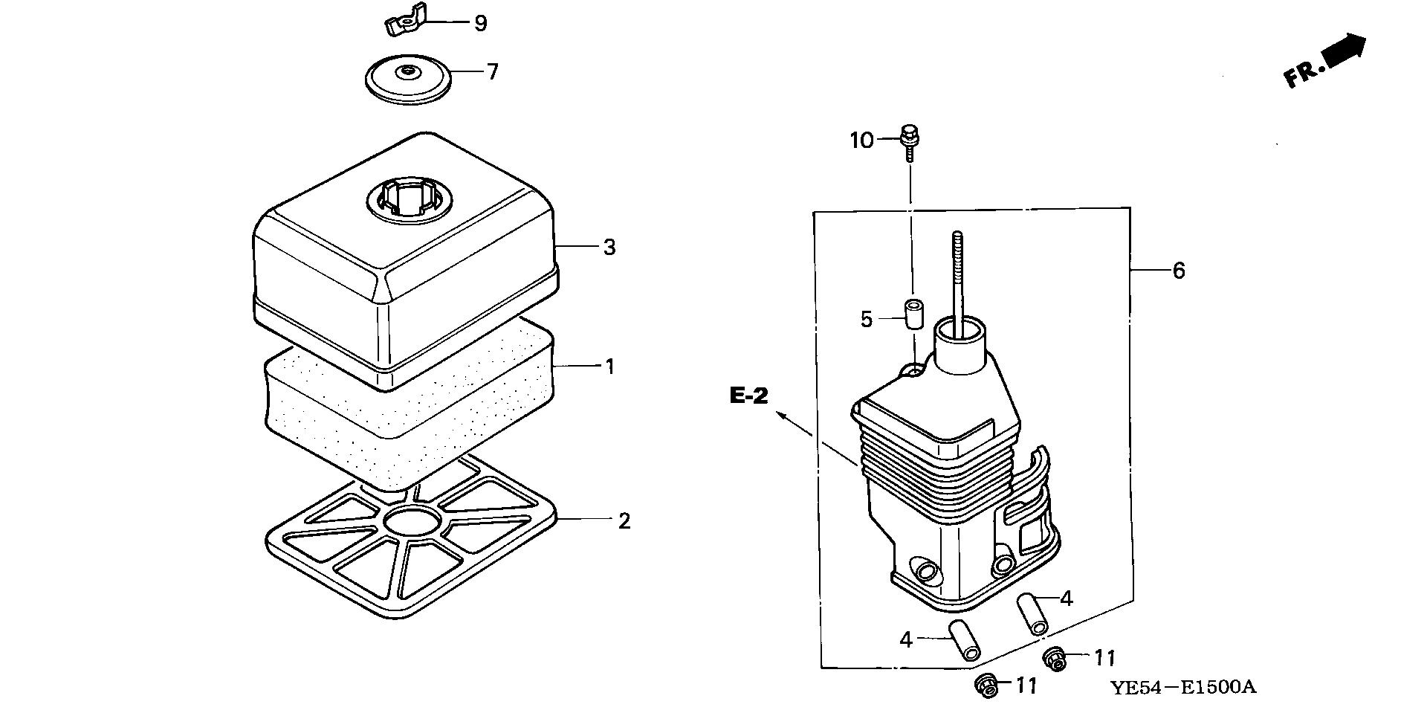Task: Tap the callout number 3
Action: tap(609, 248)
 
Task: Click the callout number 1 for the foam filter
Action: tap(610, 367)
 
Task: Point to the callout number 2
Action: tap(624, 521)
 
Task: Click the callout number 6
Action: tap(1179, 271)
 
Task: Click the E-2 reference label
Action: tap(748, 396)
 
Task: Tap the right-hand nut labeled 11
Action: tap(1053, 658)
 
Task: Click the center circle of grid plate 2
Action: tap(412, 523)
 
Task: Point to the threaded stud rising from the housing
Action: tap(957, 275)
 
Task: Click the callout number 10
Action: tap(862, 141)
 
